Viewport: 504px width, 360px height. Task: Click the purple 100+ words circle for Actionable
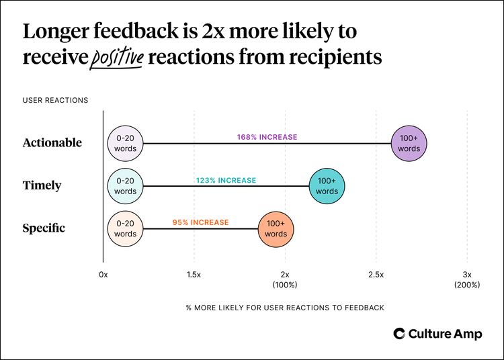click(409, 143)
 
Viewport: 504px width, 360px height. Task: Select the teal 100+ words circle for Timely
click(327, 186)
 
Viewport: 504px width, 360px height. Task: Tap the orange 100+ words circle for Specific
click(276, 228)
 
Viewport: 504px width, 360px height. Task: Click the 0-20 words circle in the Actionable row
click(125, 143)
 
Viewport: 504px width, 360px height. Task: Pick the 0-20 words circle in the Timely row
click(125, 186)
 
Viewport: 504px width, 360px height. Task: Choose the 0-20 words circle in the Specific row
click(125, 228)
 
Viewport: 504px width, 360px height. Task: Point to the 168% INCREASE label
click(267, 137)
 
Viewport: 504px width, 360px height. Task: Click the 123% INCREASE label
click(226, 180)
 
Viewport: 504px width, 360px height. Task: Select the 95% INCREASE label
click(200, 222)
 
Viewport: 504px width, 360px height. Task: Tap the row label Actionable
click(52, 143)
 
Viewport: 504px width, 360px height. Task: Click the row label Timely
click(42, 186)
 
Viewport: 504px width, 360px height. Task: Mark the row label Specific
click(44, 228)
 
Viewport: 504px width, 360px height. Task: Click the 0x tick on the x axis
click(103, 275)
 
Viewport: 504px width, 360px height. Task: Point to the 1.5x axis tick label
click(194, 275)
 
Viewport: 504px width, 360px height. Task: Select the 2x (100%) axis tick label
click(285, 279)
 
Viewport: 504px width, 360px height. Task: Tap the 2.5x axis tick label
click(376, 275)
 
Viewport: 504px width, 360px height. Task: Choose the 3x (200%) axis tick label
click(467, 279)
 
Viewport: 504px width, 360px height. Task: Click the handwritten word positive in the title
click(117, 58)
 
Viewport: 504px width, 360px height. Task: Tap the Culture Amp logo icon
click(399, 334)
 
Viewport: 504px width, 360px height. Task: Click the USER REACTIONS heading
click(55, 101)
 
